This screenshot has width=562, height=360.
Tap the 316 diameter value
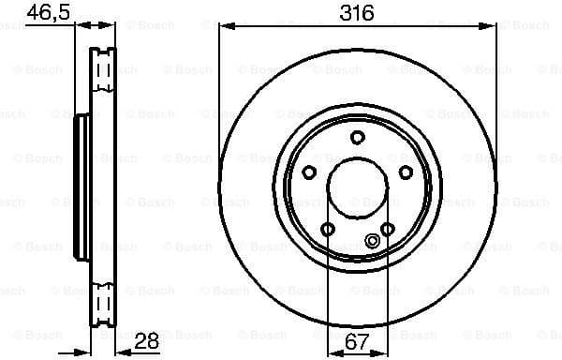[x=357, y=13]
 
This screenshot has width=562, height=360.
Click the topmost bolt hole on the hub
[x=357, y=138]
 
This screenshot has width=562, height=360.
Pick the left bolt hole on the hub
[x=308, y=172]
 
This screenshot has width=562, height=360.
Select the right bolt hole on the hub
[x=406, y=172]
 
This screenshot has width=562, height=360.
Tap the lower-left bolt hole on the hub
[x=327, y=229]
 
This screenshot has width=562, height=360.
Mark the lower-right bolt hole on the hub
[x=387, y=229]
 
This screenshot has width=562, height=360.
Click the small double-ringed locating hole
[x=372, y=241]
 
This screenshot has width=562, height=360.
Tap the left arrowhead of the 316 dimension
[x=224, y=27]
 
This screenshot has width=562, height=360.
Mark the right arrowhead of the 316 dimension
[x=492, y=27]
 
